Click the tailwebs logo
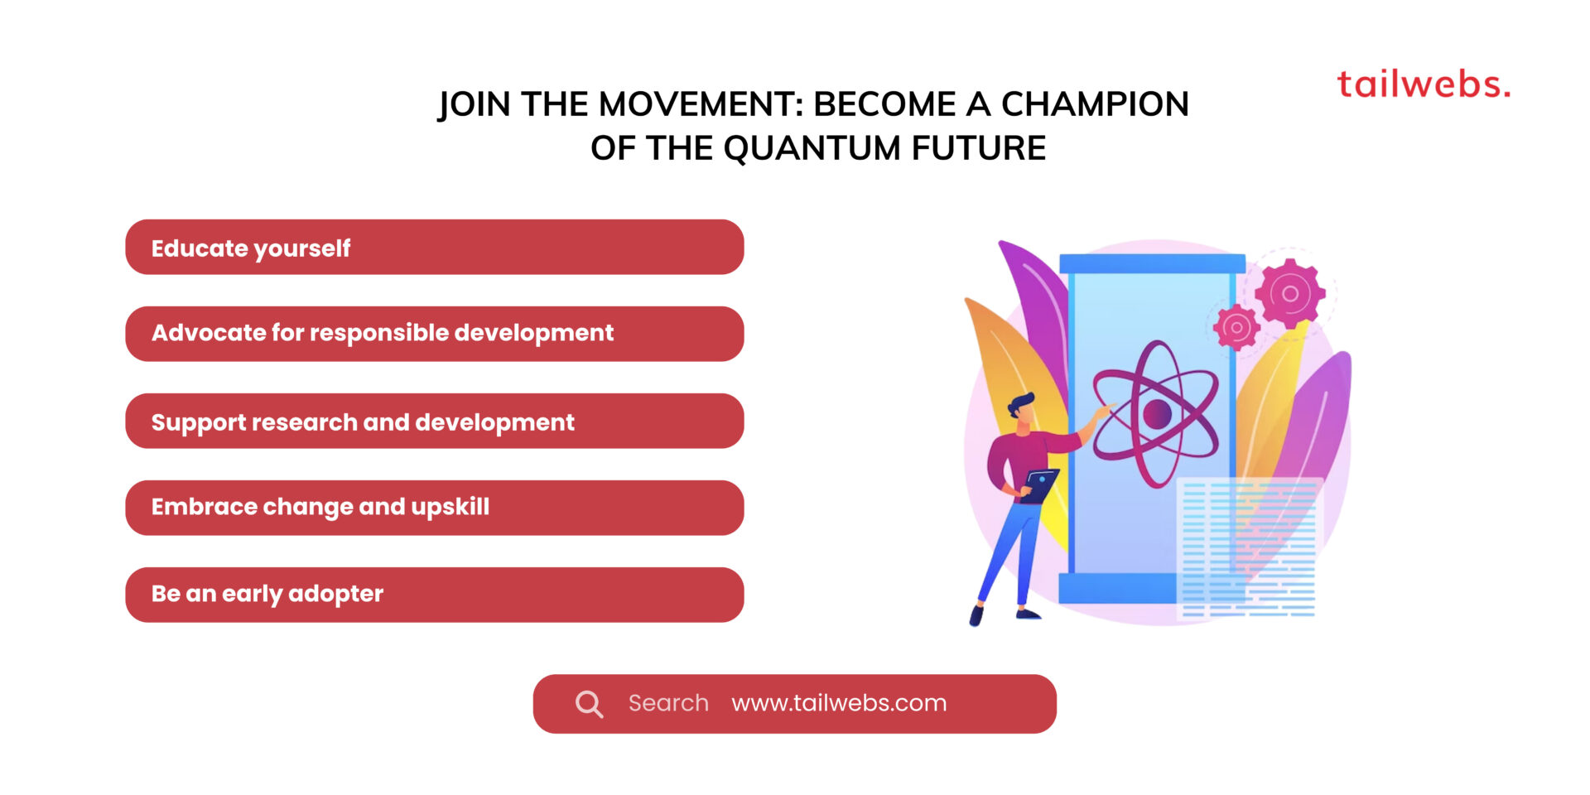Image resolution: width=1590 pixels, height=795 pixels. (1423, 84)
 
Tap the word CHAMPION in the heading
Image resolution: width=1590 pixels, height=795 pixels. (1095, 104)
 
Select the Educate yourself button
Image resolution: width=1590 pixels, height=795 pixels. (434, 247)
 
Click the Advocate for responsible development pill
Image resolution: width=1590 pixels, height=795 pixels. (434, 334)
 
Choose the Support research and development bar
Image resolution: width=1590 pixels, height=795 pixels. (434, 421)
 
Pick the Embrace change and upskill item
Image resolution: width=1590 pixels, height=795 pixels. (434, 508)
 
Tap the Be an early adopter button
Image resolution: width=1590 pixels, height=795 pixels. (434, 595)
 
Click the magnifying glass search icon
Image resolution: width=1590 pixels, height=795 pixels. (589, 704)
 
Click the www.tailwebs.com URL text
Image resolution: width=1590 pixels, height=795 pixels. (838, 703)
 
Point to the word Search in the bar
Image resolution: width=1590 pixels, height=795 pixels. (667, 703)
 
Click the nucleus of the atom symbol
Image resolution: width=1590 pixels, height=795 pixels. (1156, 413)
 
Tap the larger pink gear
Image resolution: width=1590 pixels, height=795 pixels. (1289, 293)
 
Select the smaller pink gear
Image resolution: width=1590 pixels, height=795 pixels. (1236, 327)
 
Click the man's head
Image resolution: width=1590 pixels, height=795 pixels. (1021, 408)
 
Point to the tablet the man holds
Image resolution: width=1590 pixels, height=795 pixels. (1039, 484)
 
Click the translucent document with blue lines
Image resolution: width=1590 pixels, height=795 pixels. (1248, 547)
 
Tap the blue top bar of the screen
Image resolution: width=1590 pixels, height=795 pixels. (1152, 263)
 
